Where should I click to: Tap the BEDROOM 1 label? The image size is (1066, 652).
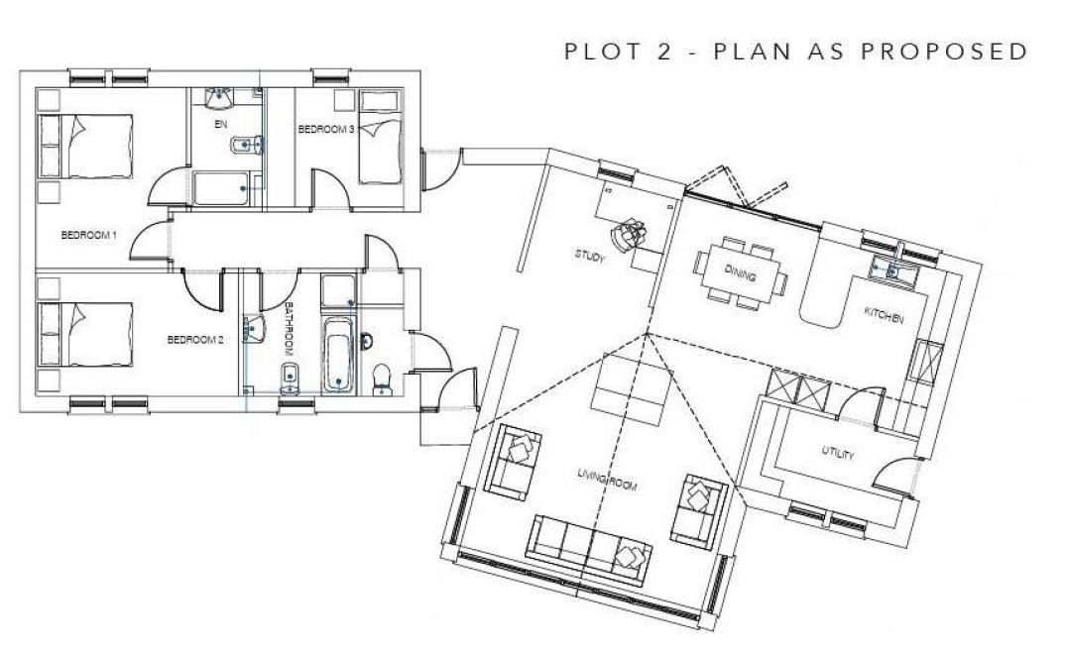pos(89,235)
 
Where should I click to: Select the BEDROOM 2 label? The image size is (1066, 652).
pos(195,340)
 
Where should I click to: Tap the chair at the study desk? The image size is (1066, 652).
pos(627,235)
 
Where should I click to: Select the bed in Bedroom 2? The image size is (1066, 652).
pos(85,336)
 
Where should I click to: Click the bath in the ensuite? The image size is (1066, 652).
pos(220,187)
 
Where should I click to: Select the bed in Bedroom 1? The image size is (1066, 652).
pos(85,146)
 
